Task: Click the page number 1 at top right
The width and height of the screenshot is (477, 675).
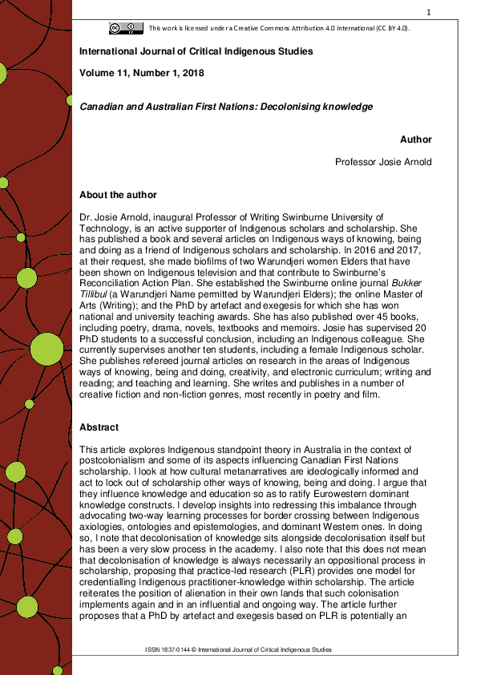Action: coord(429,12)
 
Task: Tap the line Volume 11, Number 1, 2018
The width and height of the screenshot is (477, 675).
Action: coord(142,73)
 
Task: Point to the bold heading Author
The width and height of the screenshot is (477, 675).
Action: coord(415,139)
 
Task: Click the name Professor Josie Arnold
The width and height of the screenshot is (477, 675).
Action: coord(383,162)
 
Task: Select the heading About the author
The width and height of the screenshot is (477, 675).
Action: coord(118,195)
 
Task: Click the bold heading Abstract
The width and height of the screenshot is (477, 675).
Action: coord(99,427)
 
